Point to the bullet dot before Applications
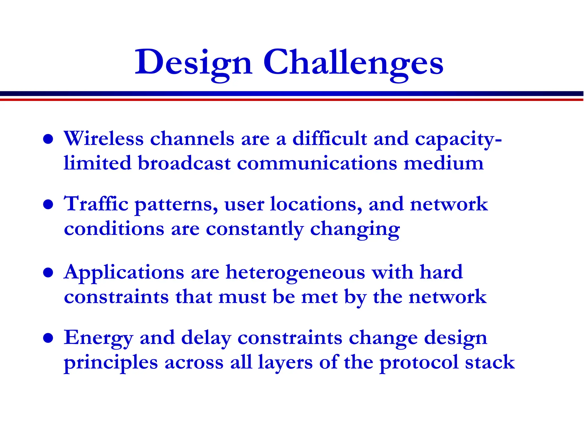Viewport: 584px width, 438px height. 48,273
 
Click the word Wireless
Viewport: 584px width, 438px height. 104,139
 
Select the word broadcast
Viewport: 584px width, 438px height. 184,164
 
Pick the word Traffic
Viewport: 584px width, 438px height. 96,204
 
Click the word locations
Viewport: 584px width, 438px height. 316,204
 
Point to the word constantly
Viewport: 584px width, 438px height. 255,230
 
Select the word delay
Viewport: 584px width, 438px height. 206,338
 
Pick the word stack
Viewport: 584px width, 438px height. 490,363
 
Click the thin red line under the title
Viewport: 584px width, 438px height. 292,100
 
